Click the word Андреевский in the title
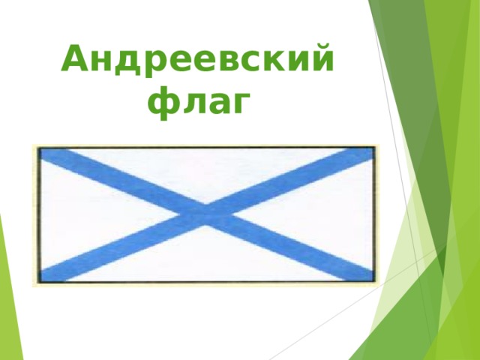(x=198, y=60)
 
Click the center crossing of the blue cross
(x=205, y=212)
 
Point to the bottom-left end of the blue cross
(x=49, y=273)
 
